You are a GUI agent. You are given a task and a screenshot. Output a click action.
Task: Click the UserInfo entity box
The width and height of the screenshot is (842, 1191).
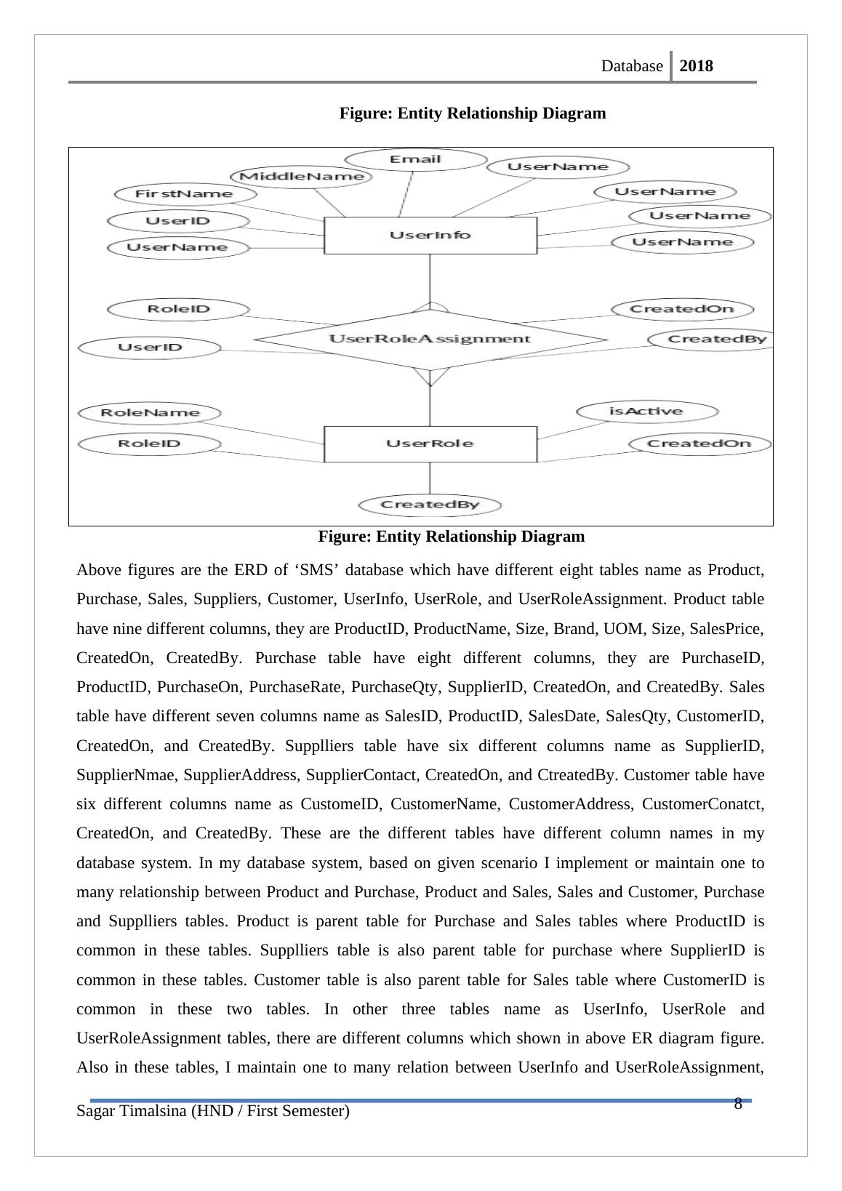430,235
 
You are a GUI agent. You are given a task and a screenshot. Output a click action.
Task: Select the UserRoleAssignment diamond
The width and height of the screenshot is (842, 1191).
430,339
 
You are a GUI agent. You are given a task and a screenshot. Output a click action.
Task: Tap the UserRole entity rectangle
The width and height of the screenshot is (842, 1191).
430,444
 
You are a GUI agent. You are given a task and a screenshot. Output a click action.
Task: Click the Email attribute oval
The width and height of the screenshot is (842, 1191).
415,159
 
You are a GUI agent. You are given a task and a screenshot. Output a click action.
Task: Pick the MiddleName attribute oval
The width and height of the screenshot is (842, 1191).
301,176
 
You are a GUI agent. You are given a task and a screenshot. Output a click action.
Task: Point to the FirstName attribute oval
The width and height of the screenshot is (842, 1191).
185,194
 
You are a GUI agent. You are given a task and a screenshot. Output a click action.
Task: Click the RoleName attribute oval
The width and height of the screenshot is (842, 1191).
149,413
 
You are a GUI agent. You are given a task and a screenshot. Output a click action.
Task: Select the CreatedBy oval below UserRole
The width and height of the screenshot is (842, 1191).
430,505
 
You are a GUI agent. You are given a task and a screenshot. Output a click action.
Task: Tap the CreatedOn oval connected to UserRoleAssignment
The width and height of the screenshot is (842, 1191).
682,309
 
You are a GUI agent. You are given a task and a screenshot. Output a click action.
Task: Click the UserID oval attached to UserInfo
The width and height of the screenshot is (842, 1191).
177,221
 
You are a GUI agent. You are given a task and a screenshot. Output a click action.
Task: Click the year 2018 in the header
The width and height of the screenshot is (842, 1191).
696,66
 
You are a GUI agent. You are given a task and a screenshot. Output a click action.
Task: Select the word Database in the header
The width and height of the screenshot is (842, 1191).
632,66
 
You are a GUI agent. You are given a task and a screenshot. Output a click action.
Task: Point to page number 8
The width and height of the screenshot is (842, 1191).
737,1104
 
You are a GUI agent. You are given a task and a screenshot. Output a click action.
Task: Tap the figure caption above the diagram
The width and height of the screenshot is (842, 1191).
472,113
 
